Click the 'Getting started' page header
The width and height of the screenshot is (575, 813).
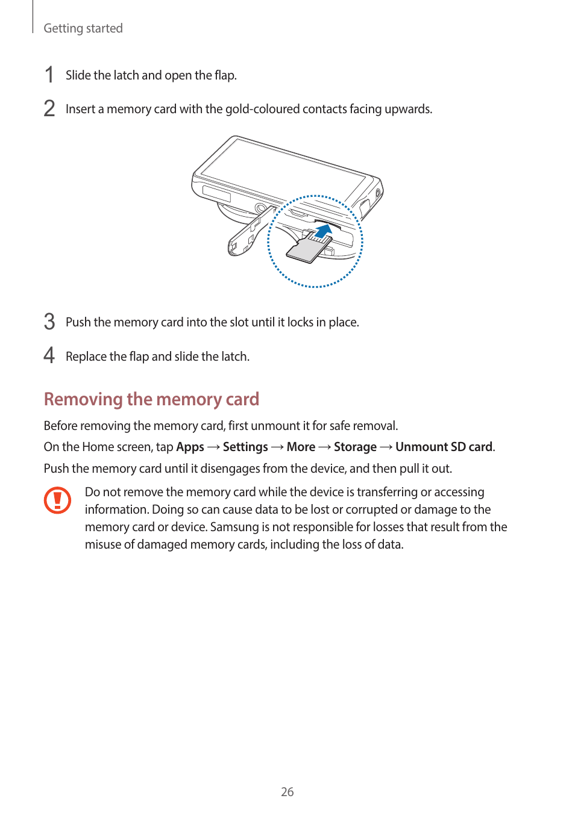[x=83, y=28]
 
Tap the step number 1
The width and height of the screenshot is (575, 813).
[x=49, y=75]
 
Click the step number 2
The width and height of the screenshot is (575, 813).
[x=49, y=109]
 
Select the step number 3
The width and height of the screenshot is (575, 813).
[x=49, y=322]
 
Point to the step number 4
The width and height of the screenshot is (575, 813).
[x=49, y=356]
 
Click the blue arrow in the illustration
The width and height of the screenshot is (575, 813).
[x=324, y=231]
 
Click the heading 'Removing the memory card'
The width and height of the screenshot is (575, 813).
[x=151, y=399]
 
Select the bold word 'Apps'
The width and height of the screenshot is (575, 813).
[x=190, y=447]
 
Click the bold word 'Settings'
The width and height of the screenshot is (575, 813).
[x=245, y=447]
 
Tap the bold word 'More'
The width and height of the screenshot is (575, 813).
[x=301, y=447]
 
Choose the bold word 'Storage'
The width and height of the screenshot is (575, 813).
[x=355, y=447]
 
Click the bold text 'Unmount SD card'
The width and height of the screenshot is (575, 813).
[x=444, y=447]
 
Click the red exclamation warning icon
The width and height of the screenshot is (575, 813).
[x=57, y=500]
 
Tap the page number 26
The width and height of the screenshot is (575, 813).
[x=287, y=792]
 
